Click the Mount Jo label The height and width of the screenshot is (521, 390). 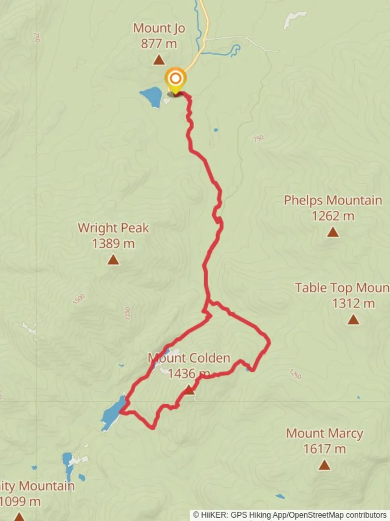coord(159,28)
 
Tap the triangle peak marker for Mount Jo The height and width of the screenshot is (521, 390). coord(159,60)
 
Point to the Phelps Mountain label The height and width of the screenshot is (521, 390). coord(333,200)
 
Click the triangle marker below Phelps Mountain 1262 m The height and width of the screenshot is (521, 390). coord(333,233)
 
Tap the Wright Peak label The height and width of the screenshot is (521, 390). coord(113,228)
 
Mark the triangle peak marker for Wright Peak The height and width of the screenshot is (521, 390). coord(113,260)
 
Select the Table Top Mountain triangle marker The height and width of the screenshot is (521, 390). coord(353,319)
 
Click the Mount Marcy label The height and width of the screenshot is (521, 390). coord(325,433)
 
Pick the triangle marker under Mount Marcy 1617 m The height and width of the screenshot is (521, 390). coord(325,465)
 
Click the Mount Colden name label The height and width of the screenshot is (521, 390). coord(189,358)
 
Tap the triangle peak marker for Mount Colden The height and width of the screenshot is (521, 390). coord(190,390)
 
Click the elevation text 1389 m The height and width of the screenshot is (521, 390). coord(113,244)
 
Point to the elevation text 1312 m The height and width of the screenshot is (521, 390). coord(353,303)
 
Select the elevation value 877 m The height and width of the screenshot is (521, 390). coord(159,44)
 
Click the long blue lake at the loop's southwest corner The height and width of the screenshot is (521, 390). coord(114,412)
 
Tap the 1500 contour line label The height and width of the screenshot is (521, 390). coord(78,299)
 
